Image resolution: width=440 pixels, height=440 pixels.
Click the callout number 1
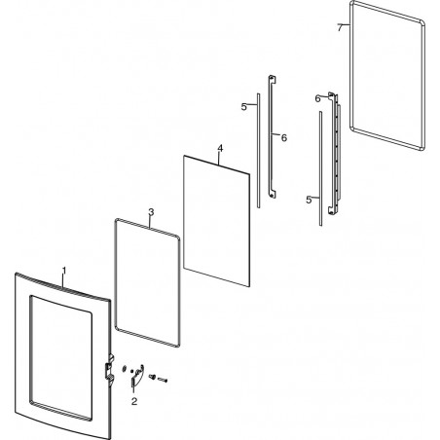pyautogui.click(x=64, y=271)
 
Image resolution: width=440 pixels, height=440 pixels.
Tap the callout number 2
pyautogui.click(x=134, y=401)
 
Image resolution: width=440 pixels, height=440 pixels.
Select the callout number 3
pyautogui.click(x=151, y=212)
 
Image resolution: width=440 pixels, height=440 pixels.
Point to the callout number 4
pyautogui.click(x=220, y=149)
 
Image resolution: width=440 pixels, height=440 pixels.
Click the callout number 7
pyautogui.click(x=340, y=27)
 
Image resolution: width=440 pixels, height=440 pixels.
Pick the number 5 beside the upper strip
pyautogui.click(x=244, y=106)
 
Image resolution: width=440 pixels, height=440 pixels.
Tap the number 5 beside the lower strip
pyautogui.click(x=309, y=200)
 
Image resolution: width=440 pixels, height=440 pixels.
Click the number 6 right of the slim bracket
pyautogui.click(x=284, y=138)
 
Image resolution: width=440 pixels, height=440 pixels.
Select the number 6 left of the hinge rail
pyautogui.click(x=317, y=98)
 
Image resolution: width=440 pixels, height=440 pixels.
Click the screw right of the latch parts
pyautogui.click(x=164, y=380)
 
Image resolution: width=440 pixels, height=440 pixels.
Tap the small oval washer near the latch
pyautogui.click(x=124, y=369)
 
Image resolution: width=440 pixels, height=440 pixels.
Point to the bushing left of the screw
pyautogui.click(x=152, y=377)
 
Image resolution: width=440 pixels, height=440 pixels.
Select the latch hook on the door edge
pyautogui.click(x=110, y=371)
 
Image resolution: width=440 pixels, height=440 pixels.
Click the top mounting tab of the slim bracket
pyautogui.click(x=273, y=79)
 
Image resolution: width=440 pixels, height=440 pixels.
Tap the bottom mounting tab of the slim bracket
pyautogui.click(x=273, y=194)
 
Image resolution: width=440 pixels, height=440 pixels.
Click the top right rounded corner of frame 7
pyautogui.click(x=422, y=23)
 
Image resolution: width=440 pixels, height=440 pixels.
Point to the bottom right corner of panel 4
pyautogui.click(x=249, y=286)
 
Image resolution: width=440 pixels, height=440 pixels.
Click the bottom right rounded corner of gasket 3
pyautogui.click(x=177, y=345)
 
